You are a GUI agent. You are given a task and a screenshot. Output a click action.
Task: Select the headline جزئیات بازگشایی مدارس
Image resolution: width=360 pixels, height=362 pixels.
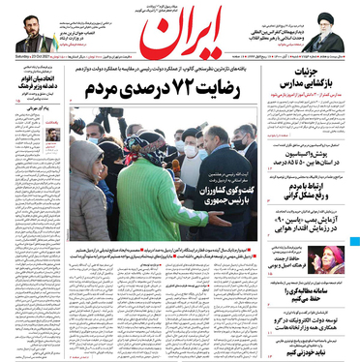(x=310, y=103)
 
